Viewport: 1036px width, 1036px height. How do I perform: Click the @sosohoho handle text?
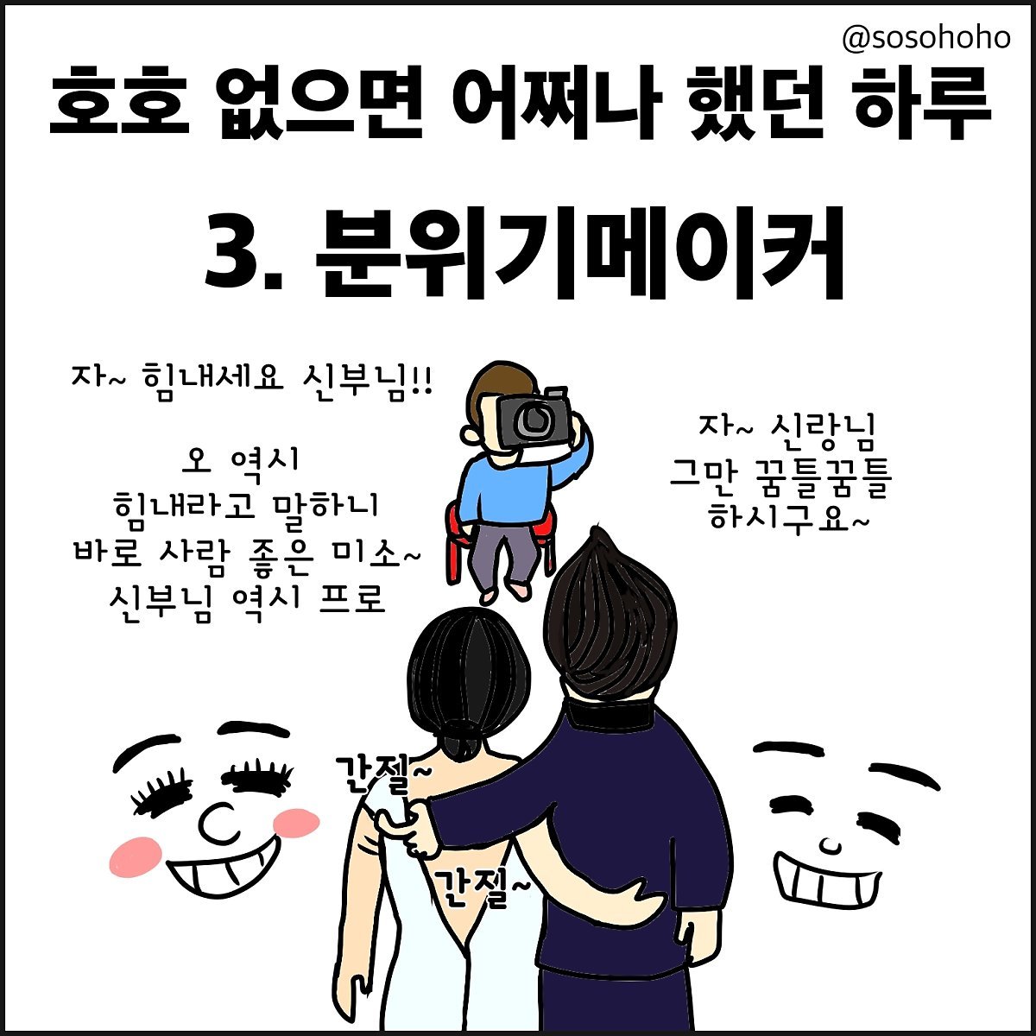click(925, 39)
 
